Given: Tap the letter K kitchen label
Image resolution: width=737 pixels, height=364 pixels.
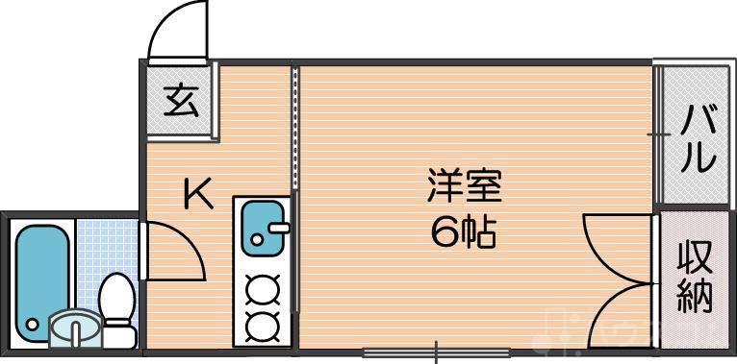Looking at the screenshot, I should pyautogui.click(x=198, y=195).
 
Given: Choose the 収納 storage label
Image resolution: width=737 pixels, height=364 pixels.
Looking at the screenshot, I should pyautogui.click(x=695, y=278).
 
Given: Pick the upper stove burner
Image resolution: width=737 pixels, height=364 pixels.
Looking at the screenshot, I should pyautogui.click(x=262, y=289).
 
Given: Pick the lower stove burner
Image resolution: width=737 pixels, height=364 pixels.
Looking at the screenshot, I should pyautogui.click(x=262, y=324).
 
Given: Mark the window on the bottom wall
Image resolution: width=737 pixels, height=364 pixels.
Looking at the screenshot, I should pyautogui.click(x=436, y=352).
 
